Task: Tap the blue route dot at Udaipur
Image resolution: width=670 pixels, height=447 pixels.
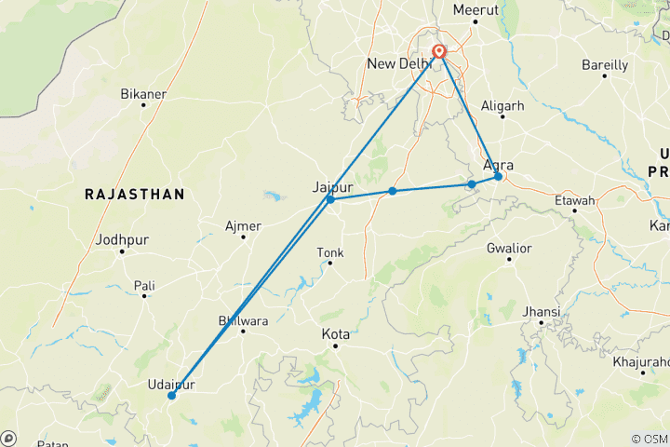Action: tap(171, 396)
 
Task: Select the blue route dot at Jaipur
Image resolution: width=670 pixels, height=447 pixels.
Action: tap(330, 199)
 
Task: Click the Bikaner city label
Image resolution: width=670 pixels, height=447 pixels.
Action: tap(143, 94)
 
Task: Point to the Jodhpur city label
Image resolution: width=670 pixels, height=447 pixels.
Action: tap(122, 239)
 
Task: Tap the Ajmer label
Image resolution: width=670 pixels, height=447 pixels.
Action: tap(244, 225)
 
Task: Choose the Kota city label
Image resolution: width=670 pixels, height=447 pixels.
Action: tap(335, 333)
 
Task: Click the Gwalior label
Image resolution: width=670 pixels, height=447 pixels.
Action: tap(509, 248)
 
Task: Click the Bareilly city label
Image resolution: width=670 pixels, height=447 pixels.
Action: tap(605, 65)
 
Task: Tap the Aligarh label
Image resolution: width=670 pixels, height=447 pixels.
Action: tap(503, 106)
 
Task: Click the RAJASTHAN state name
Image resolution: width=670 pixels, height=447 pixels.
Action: tap(134, 194)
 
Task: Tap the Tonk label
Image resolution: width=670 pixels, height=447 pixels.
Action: tap(330, 252)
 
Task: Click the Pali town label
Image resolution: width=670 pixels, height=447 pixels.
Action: tap(144, 285)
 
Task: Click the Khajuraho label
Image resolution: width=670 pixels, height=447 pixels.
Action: tap(642, 361)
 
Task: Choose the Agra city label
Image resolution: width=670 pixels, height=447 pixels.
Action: tap(498, 165)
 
